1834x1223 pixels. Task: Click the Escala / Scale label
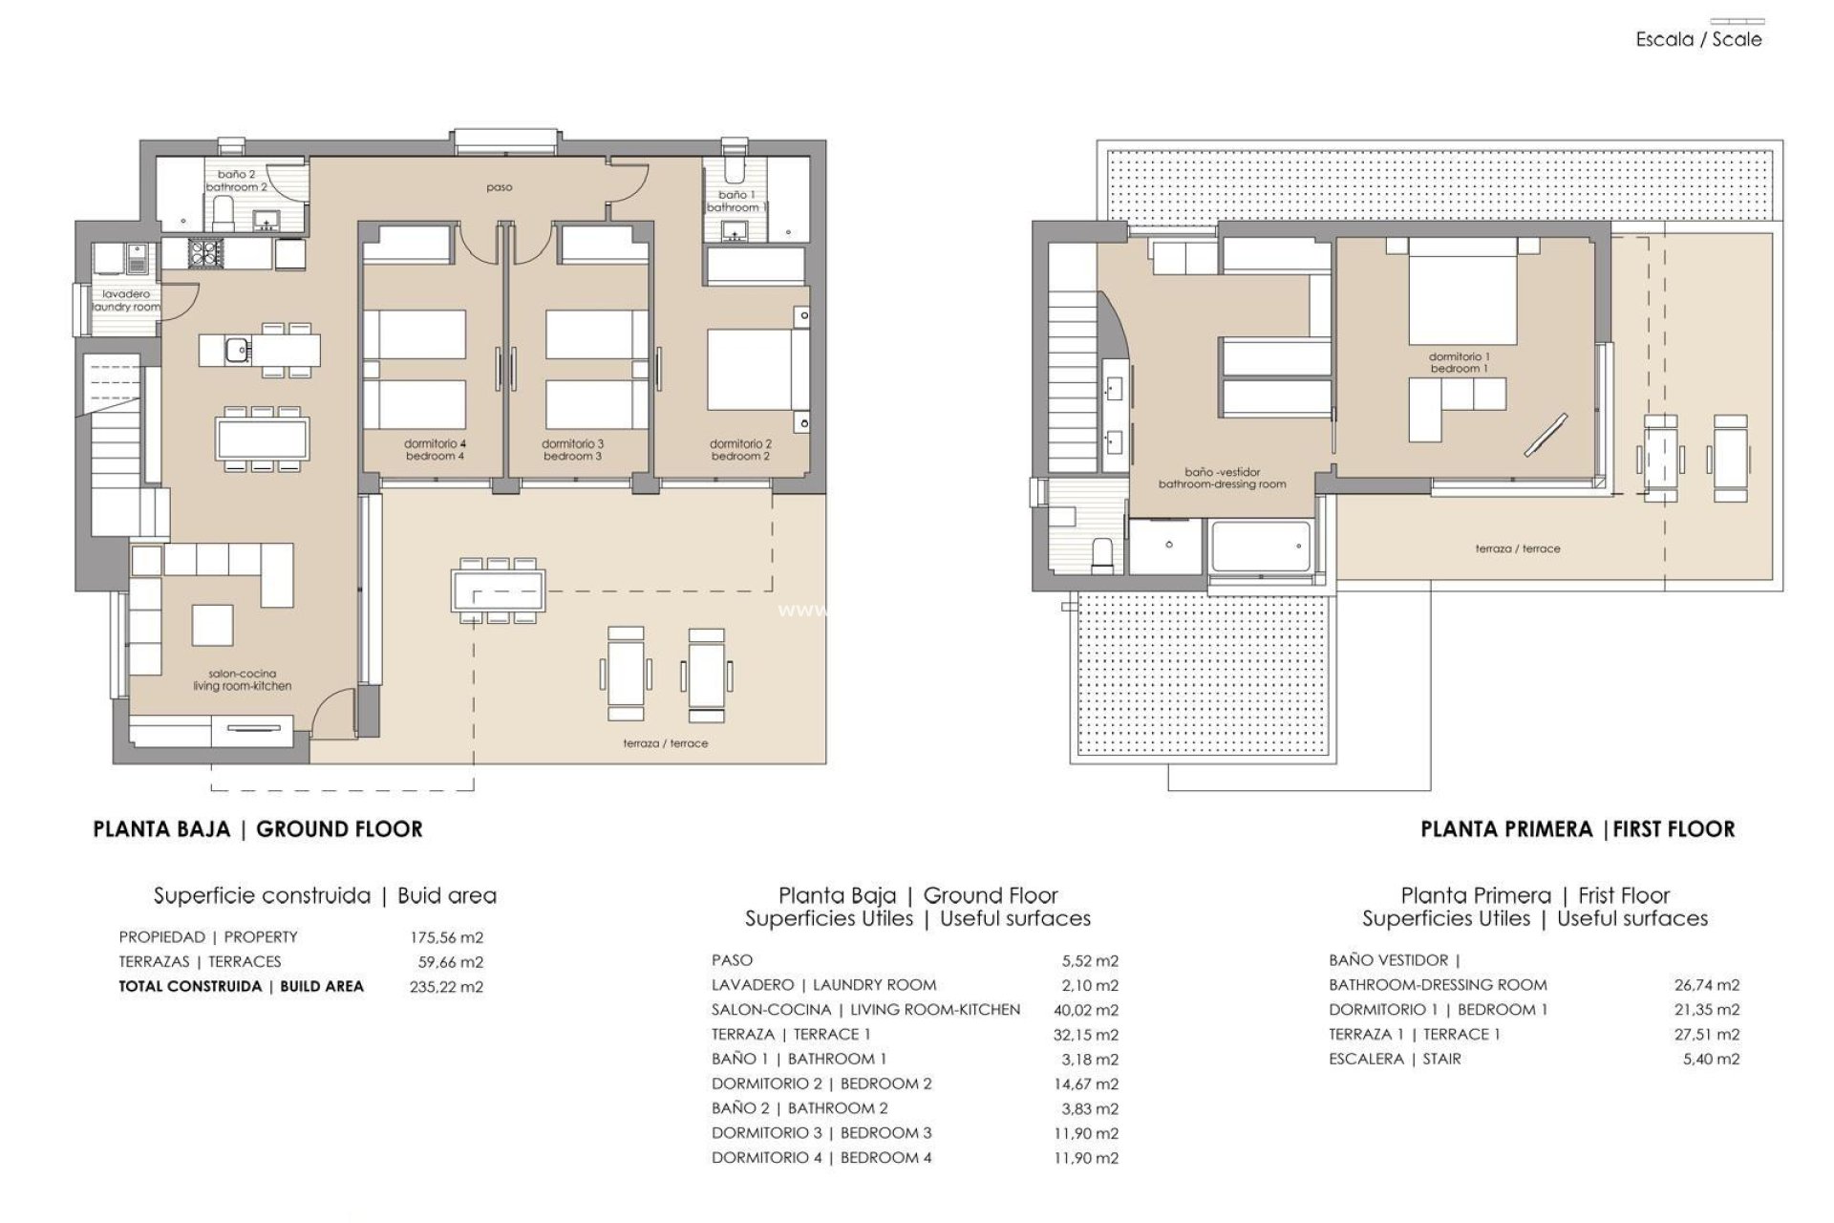coord(1698,40)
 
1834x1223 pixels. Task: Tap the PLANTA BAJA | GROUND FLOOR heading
coord(258,829)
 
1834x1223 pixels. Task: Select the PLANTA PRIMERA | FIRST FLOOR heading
coord(1577,829)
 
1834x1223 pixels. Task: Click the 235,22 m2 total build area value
coord(446,987)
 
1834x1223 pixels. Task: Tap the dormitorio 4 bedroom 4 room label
coord(435,450)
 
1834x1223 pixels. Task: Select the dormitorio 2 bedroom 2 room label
coord(740,450)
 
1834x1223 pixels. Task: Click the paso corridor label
coord(500,187)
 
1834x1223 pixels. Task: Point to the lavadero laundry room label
coord(126,301)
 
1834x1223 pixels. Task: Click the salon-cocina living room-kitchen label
coord(242,680)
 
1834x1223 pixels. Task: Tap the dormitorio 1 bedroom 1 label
coord(1459,363)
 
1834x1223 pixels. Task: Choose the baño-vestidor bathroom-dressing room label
coord(1222,478)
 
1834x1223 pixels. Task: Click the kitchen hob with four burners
coord(206,252)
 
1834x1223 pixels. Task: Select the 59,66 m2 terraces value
coord(450,962)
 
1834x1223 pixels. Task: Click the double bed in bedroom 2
coord(748,369)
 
